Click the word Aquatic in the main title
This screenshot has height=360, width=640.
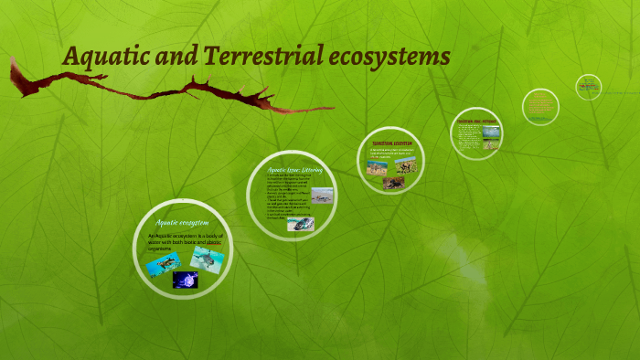[97, 57]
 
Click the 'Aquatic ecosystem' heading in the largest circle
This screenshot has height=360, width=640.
[182, 222]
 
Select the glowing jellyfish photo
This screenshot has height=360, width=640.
[186, 280]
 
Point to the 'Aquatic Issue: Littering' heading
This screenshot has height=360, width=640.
[290, 170]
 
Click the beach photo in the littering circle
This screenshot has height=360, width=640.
[322, 196]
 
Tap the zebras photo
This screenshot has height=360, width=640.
[377, 168]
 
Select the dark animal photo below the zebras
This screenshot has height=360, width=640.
[394, 183]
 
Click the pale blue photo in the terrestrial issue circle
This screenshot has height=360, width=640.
[491, 132]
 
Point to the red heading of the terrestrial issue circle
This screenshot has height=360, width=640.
[475, 120]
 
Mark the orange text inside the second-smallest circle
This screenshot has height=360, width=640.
[539, 106]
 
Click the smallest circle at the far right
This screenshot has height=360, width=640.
[588, 87]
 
